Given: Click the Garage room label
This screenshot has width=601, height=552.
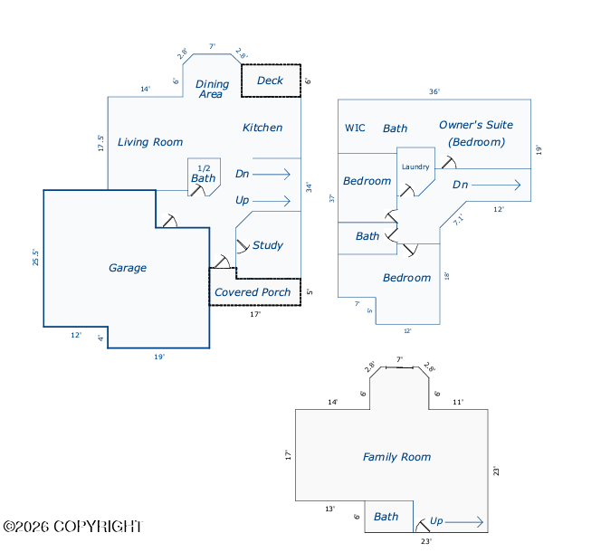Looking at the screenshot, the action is coord(128,268).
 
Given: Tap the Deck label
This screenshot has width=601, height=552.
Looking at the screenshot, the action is coord(270,81).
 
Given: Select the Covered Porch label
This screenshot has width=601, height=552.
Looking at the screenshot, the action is coord(253,292).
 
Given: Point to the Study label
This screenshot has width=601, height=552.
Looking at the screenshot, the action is coord(268,245).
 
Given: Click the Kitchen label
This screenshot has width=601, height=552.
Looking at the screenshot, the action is coord(262,128).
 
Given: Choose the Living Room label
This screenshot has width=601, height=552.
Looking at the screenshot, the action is coord(150,142).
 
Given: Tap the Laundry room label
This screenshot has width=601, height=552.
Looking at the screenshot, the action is coord(415,167).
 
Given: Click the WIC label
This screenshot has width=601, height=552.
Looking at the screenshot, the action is coord(355,128).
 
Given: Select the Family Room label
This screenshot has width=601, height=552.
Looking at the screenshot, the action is coord(396,457).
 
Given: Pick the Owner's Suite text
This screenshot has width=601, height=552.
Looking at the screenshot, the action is coord(476,125).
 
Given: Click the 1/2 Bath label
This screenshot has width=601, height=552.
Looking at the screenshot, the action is coord(204,174).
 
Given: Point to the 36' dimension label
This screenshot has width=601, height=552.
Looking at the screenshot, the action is coord(434,91).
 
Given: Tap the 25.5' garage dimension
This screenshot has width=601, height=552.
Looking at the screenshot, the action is coord(35,257).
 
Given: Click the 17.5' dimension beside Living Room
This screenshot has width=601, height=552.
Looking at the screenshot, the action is coord(100,143).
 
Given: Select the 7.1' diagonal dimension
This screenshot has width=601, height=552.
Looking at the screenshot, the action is coord(458,219).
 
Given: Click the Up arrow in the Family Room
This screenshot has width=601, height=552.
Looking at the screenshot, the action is coord(463,522).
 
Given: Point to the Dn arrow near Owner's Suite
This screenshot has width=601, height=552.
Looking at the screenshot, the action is coord(496,186).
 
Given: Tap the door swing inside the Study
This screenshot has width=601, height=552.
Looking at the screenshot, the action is coord(243,246).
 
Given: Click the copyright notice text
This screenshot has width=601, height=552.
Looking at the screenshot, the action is coord(72,527).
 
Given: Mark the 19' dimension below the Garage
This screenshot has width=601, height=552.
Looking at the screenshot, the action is coord(159,357).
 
